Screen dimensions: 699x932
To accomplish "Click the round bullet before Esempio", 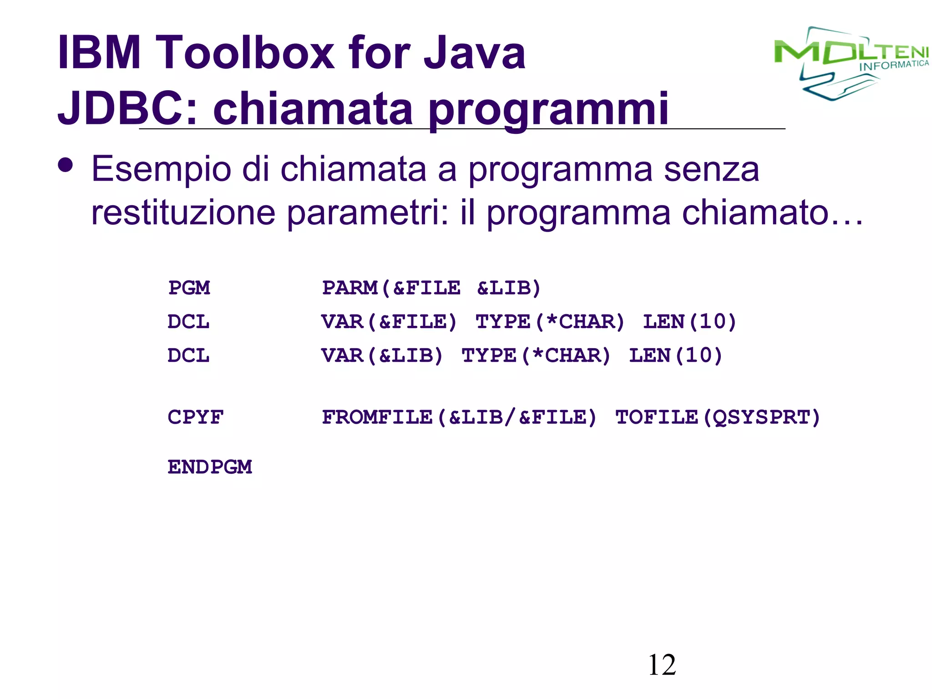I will pos(66,165).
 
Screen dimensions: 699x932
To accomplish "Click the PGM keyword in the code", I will pos(189,288).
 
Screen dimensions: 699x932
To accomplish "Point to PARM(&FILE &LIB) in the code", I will pos(431,288).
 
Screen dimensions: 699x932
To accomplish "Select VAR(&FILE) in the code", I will pos(389,322).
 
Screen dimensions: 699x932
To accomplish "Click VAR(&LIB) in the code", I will pos(382,355).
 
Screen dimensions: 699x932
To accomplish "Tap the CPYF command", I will pos(196,417).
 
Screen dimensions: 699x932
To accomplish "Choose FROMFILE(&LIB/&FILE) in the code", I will pos(459,417).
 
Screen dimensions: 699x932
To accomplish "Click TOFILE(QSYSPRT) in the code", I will pos(718,417).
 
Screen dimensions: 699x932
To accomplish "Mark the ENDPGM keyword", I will pos(210,467).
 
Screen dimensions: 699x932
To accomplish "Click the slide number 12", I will pos(662,665).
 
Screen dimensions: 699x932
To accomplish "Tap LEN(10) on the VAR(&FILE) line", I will pos(689,322).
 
